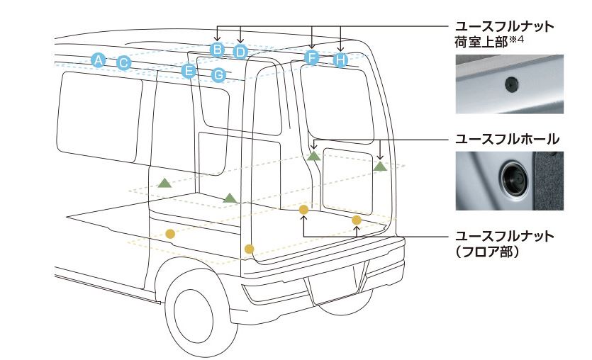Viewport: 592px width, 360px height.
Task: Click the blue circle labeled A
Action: tap(99, 60)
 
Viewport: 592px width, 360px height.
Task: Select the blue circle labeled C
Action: tap(123, 63)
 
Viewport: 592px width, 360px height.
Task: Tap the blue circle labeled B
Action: tap(218, 49)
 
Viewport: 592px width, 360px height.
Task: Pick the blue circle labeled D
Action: tap(240, 52)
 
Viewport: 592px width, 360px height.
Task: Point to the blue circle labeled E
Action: tap(189, 70)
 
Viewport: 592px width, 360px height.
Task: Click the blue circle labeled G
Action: tap(219, 74)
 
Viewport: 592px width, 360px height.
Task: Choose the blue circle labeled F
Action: tap(311, 57)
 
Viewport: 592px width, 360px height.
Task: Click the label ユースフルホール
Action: tap(508, 137)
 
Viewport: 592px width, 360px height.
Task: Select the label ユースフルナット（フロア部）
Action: tap(504, 243)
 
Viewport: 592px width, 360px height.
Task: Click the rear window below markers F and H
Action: tap(337, 99)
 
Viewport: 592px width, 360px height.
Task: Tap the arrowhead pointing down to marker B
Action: tap(218, 41)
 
